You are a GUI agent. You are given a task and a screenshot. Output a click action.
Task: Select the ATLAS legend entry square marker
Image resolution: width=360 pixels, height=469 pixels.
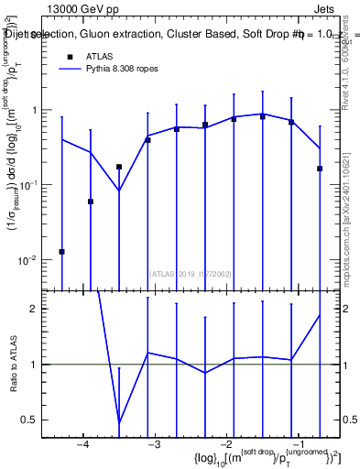[x=70, y=57]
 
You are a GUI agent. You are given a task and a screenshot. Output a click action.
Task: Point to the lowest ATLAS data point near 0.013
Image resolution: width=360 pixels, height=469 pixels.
[x=61, y=251]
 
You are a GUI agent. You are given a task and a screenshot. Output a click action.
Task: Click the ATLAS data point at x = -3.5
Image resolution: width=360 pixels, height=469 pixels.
[x=119, y=167]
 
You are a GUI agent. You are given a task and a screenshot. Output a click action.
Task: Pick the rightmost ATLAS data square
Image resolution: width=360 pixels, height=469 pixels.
[x=320, y=169]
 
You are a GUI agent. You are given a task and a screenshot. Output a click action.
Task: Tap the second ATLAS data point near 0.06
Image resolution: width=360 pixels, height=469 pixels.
[x=91, y=202]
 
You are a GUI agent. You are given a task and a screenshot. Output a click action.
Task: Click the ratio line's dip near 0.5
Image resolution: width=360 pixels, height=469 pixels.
[x=119, y=422]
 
